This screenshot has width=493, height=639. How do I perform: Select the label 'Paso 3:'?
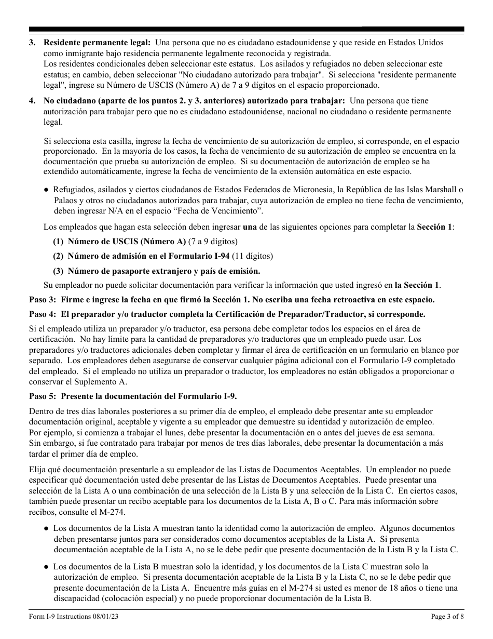[44, 300]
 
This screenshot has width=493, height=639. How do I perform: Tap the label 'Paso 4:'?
[44, 314]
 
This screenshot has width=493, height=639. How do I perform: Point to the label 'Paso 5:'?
[44, 396]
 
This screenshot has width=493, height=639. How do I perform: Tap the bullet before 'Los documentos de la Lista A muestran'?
[47, 528]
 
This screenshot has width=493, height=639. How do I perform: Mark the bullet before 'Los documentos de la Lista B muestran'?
[47, 566]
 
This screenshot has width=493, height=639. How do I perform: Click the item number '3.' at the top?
[33, 43]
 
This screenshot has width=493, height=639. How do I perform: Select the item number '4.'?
[33, 100]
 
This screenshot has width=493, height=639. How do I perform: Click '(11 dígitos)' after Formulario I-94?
[252, 256]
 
